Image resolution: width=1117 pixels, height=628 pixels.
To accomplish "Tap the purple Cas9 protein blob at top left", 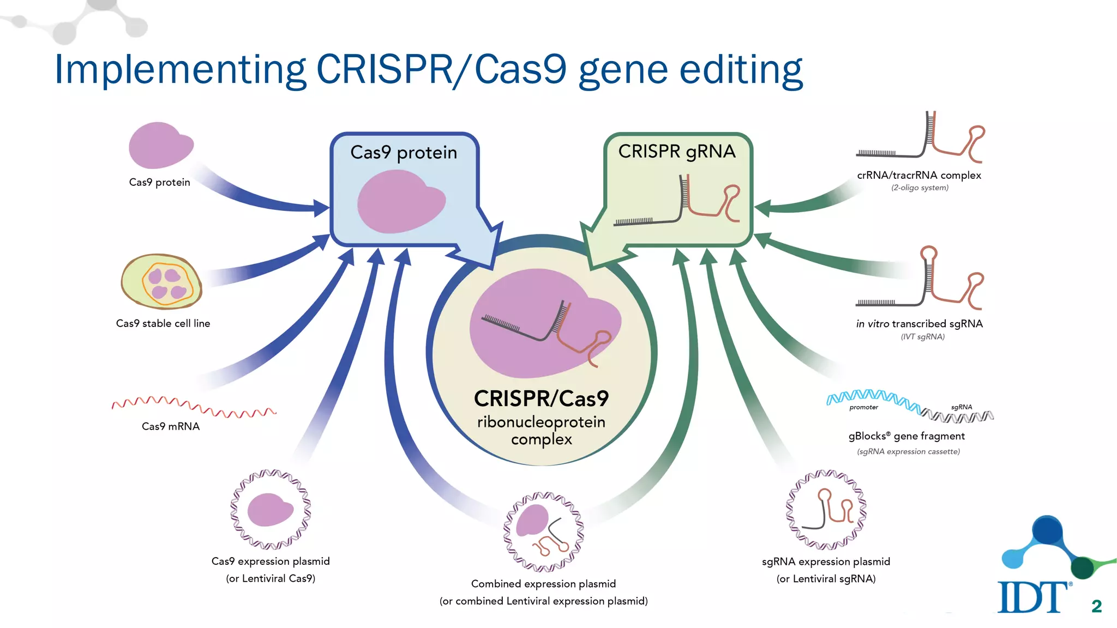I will point(160,146).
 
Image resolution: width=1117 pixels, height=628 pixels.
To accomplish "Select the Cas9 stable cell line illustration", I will point(161,281).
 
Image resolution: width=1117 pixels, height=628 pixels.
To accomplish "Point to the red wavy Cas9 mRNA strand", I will point(194,406).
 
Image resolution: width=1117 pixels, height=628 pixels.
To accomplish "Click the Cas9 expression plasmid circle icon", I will point(271,509).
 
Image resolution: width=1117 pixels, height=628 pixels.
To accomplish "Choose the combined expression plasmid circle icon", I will point(543,532).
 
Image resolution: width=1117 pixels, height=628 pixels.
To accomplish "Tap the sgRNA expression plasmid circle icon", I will point(826,510).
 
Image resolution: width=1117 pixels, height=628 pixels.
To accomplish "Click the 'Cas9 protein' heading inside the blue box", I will point(404,153).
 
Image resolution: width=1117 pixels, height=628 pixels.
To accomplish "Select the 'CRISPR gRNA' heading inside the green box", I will point(677,152).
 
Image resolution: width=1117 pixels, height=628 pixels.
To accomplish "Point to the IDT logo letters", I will point(1032,597).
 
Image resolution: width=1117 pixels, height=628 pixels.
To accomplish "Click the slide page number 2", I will point(1096,606).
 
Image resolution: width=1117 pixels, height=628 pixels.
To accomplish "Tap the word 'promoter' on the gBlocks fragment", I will point(863,407).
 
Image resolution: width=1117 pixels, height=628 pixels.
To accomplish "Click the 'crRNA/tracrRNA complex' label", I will point(919,176).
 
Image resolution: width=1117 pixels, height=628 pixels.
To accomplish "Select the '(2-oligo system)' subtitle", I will point(920,188).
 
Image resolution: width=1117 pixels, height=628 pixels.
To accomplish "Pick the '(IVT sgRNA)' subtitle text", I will point(923,337).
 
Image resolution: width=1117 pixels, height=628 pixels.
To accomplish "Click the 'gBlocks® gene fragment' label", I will point(906,436).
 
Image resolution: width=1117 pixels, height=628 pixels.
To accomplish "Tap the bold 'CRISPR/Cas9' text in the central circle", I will point(541,398).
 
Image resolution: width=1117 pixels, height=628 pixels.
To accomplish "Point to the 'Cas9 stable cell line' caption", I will point(163,323).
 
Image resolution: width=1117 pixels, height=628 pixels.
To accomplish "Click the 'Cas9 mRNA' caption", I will point(171,426).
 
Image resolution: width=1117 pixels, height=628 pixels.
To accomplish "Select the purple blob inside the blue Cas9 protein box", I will point(401,202).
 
